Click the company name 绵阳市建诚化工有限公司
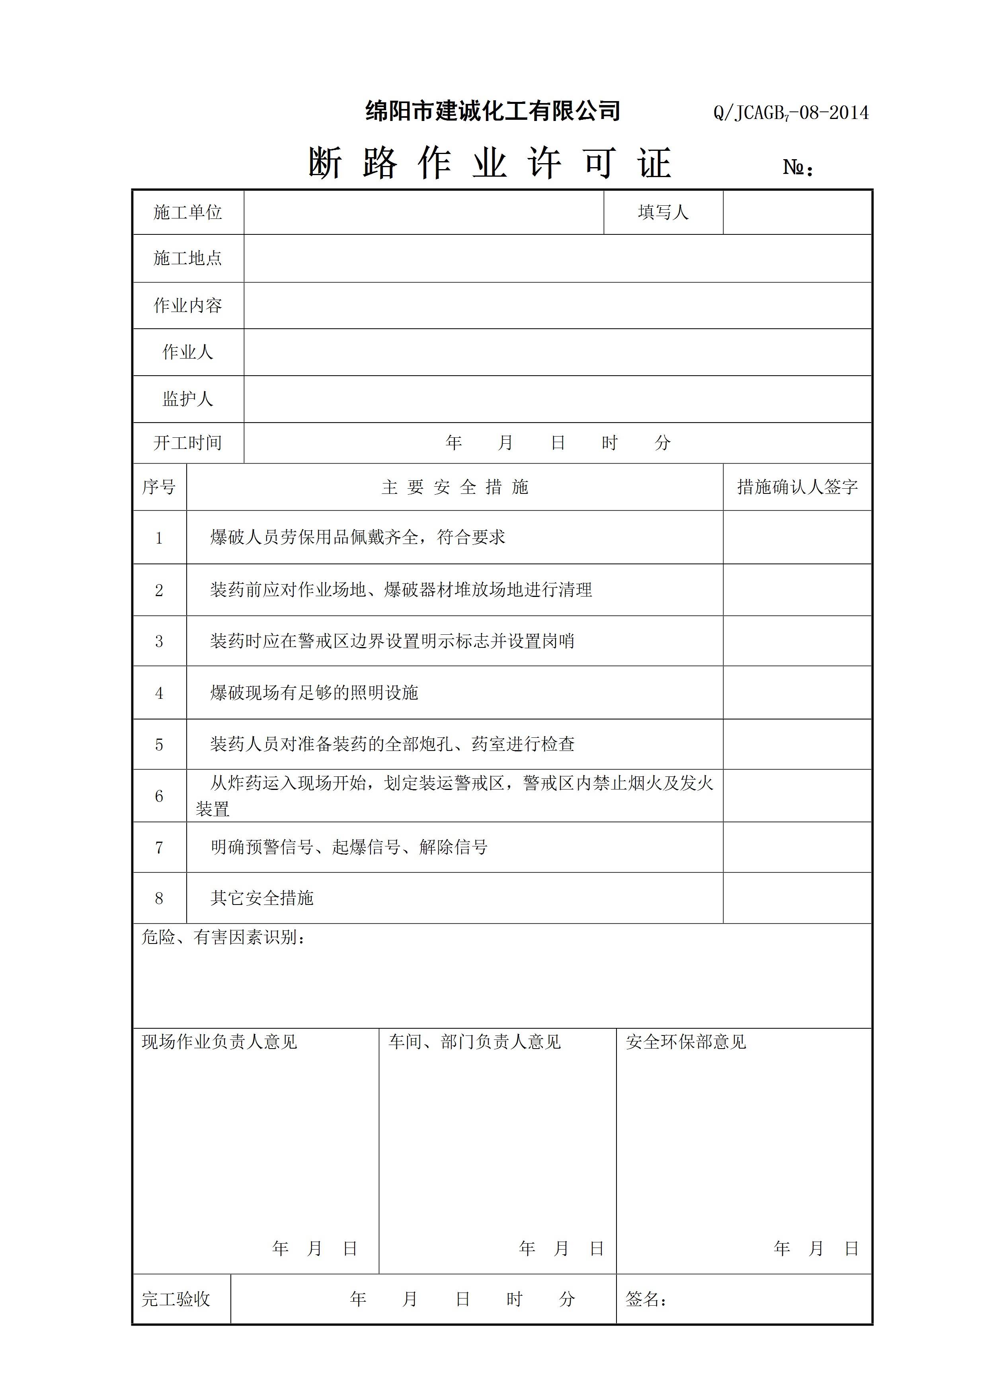(493, 111)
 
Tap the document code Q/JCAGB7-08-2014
(790, 113)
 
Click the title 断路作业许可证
(490, 164)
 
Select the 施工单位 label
(188, 212)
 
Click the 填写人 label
(663, 212)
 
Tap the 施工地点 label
(188, 258)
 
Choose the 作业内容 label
(188, 305)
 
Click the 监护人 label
(188, 399)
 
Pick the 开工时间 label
(188, 443)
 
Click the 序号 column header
(159, 487)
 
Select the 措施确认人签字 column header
(797, 487)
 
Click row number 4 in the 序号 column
(159, 693)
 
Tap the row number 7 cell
(159, 848)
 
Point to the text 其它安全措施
(262, 898)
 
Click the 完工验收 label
(176, 1299)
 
